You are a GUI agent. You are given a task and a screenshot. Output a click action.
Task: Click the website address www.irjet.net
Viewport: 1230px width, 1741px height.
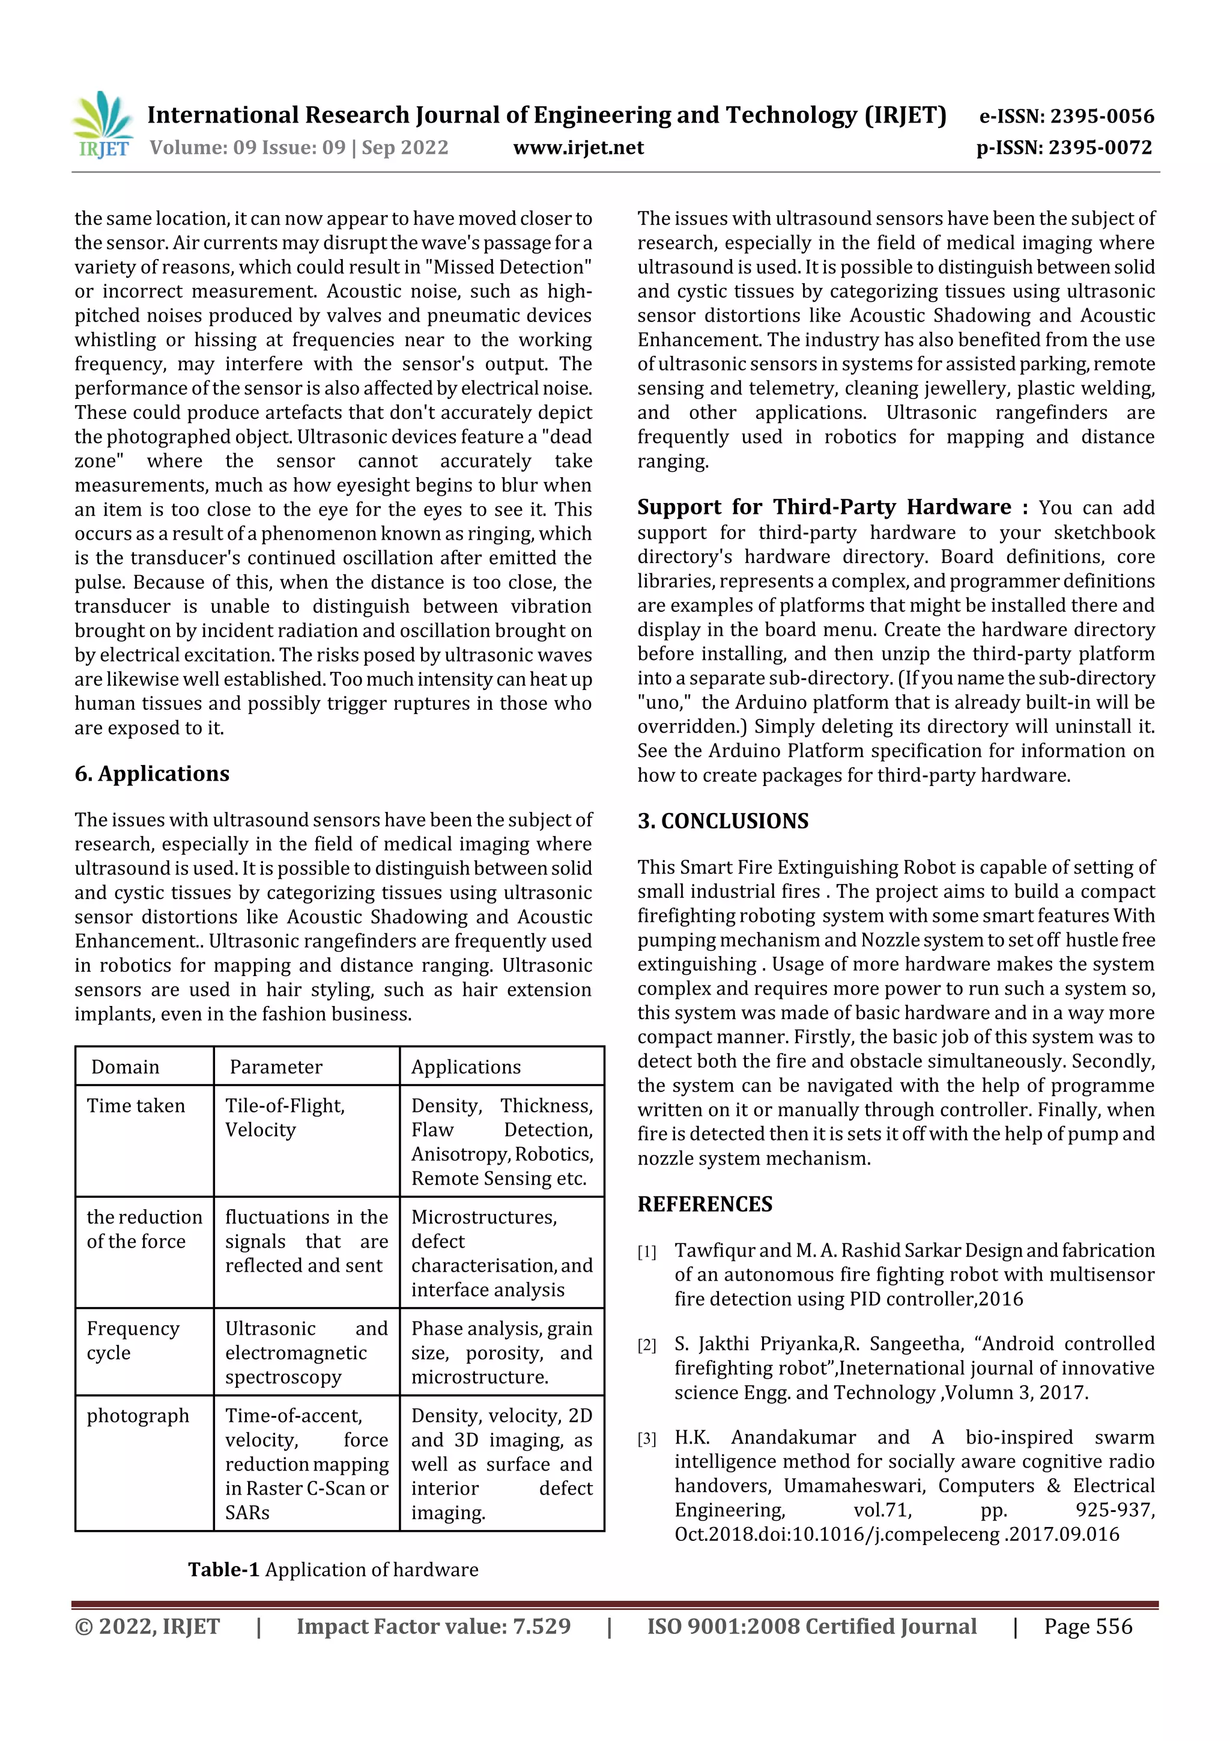pyautogui.click(x=578, y=148)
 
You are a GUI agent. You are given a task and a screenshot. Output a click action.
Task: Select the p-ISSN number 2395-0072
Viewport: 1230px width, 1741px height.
pyautogui.click(x=1100, y=148)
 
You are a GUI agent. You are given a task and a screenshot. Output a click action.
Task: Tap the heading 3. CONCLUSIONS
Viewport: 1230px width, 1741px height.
pyautogui.click(x=723, y=821)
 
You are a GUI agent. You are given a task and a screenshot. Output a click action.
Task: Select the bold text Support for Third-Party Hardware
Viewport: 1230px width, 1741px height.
pyautogui.click(x=824, y=507)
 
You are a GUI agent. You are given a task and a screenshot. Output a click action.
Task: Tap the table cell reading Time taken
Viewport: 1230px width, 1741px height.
pyautogui.click(x=136, y=1106)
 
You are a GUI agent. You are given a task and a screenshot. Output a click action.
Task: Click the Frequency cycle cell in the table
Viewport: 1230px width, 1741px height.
pyautogui.click(x=133, y=1341)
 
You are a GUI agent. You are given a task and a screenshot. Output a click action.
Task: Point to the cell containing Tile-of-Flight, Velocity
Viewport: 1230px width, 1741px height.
pyautogui.click(x=284, y=1118)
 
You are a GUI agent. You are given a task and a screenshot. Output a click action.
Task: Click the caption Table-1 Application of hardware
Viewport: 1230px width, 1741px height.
pyautogui.click(x=333, y=1570)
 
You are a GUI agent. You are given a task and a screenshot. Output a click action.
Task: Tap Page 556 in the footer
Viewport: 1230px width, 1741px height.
pyautogui.click(x=1088, y=1626)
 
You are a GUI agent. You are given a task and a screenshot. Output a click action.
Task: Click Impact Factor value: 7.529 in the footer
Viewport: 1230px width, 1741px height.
pyautogui.click(x=433, y=1626)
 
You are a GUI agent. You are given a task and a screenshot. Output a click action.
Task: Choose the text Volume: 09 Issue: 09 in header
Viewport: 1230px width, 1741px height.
pyautogui.click(x=247, y=148)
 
